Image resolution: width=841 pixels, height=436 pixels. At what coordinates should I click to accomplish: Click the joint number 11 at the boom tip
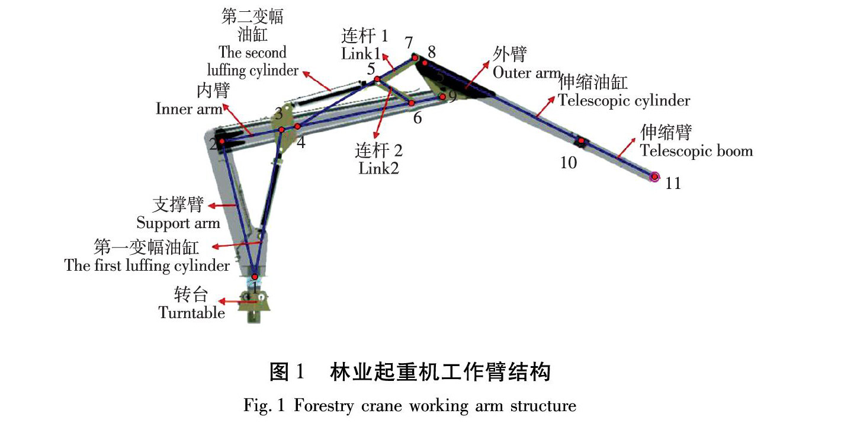pos(673,183)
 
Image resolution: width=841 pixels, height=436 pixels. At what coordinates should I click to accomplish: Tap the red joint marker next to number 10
pos(582,141)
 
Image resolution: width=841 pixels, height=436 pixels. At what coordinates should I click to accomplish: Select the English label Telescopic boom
pos(696,151)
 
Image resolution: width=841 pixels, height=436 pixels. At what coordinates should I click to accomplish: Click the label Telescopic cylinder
pos(624,100)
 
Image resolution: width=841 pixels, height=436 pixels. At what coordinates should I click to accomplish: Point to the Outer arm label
pos(525,72)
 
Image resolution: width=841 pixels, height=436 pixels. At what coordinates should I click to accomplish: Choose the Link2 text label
pos(378,168)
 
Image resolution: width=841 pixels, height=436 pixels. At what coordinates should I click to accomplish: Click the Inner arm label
pos(189,109)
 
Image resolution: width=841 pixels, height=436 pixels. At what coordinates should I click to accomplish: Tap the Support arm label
pos(178,223)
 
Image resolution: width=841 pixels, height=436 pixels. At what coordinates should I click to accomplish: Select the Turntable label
pos(192,312)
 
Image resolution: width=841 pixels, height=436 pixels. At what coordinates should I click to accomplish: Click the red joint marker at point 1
pos(255,277)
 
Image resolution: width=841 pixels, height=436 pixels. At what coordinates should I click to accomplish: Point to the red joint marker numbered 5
pos(376,79)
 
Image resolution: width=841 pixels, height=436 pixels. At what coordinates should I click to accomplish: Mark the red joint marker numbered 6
pos(411,103)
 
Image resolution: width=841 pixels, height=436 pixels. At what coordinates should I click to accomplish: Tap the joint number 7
pos(408,43)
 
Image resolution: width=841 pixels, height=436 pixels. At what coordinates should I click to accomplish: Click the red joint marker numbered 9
pos(442,97)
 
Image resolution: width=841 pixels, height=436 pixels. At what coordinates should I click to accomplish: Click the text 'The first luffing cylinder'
pos(147,265)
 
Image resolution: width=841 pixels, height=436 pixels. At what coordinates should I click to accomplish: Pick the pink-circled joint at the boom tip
pos(654,177)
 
